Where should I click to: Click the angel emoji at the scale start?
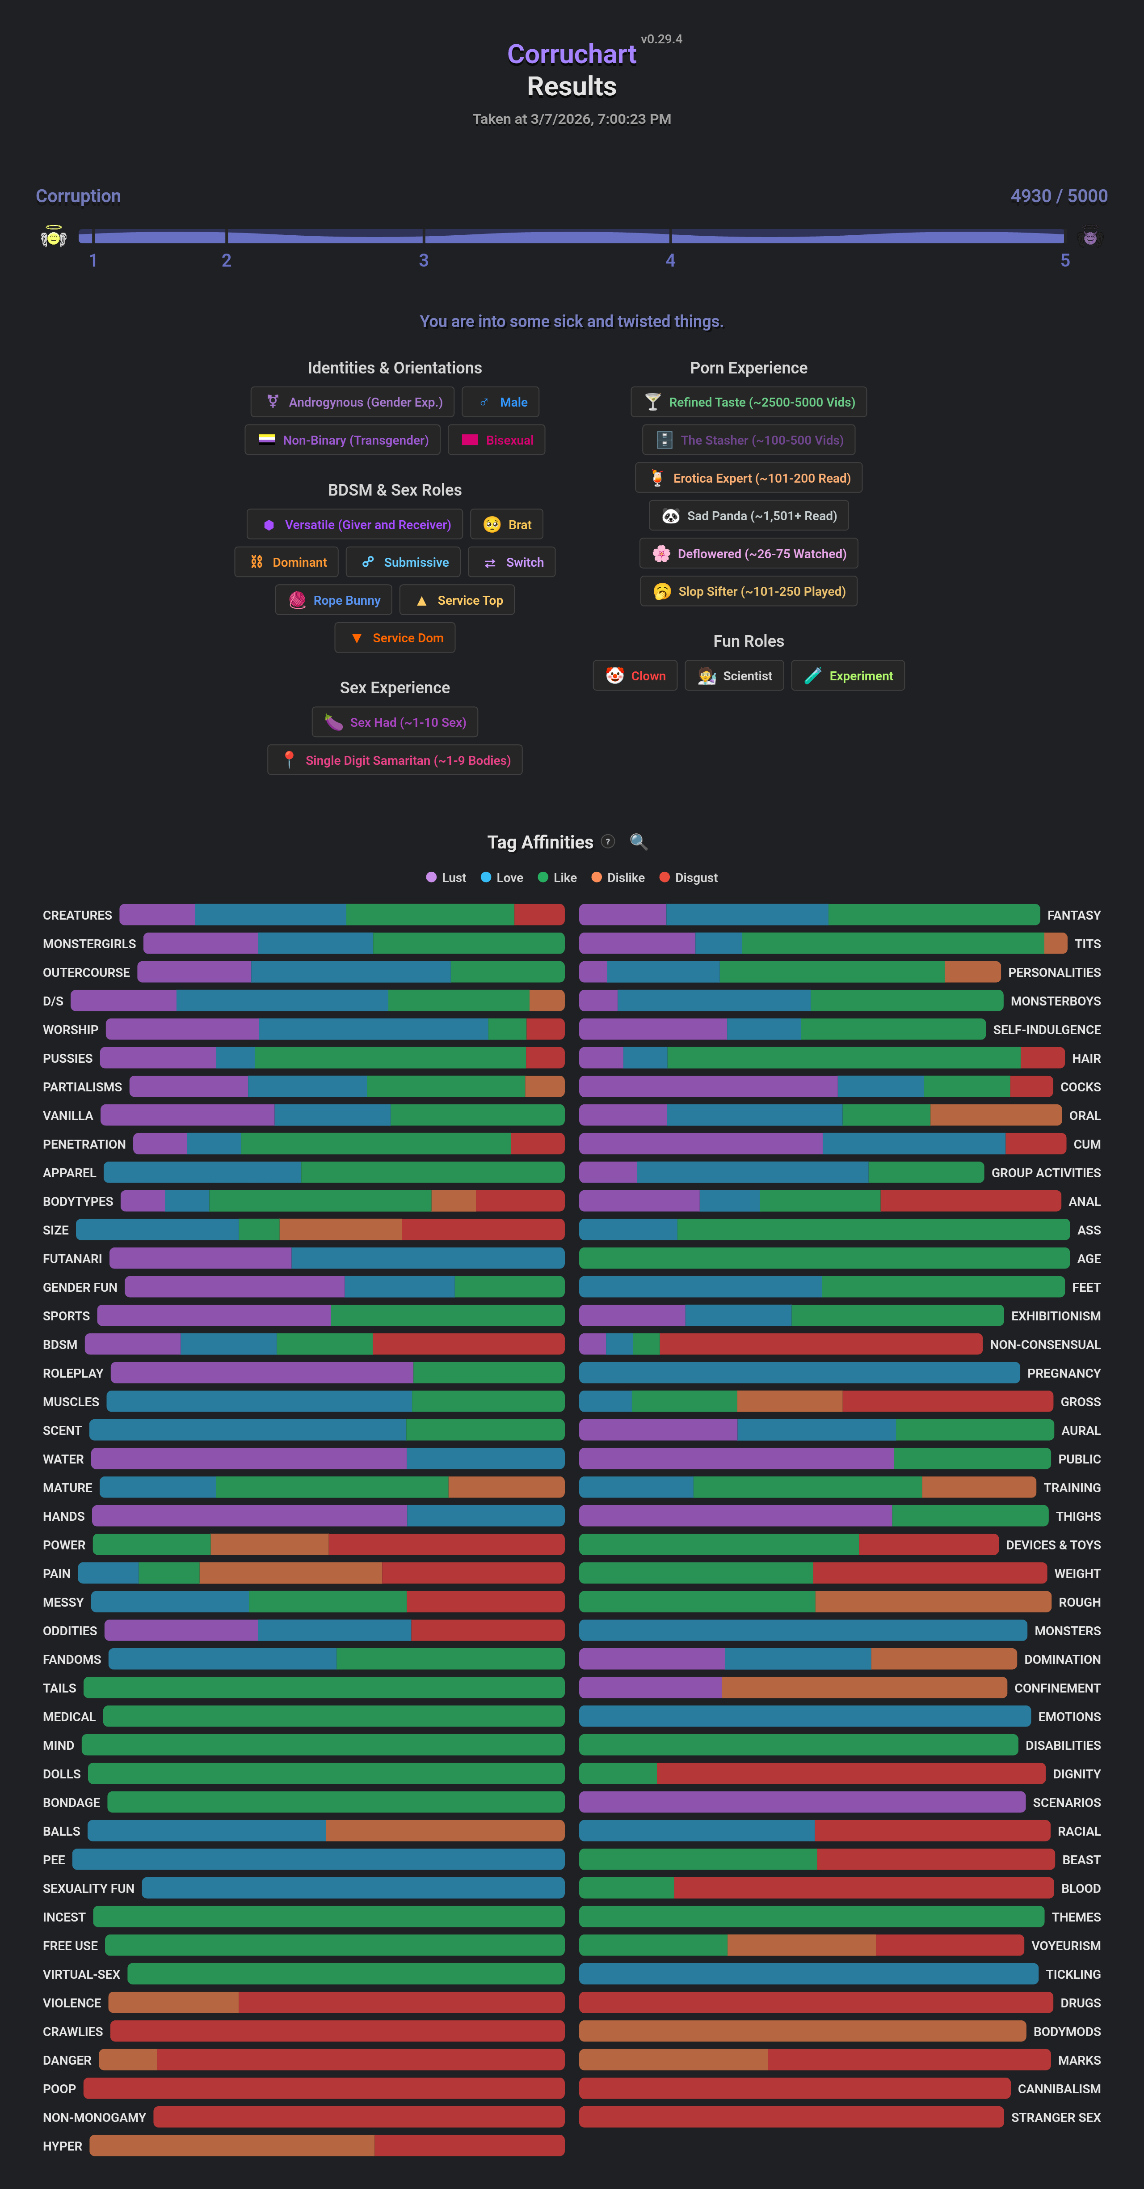54,237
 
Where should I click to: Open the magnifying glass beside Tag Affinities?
639,842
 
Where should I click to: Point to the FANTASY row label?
1073,915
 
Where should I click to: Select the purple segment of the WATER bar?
249,1459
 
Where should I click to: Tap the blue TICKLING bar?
808,1974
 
